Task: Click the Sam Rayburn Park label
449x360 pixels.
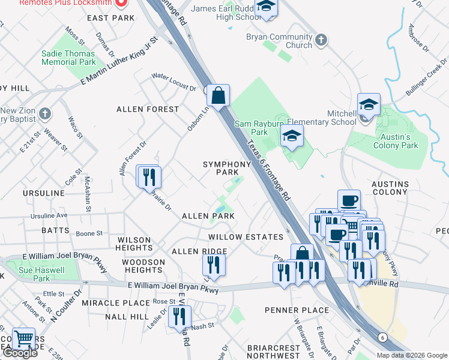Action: click(259, 127)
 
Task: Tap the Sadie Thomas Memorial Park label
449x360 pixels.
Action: click(68, 58)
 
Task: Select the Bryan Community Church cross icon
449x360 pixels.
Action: click(321, 41)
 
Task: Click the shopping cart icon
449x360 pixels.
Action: click(23, 339)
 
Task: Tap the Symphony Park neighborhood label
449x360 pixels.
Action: click(226, 168)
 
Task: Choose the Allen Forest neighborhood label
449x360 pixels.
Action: click(148, 109)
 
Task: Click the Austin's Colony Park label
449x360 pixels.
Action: click(395, 141)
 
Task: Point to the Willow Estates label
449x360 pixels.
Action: click(245, 237)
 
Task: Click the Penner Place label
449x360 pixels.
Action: click(296, 310)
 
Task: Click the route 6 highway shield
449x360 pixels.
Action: click(382, 337)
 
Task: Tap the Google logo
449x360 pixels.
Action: click(20, 353)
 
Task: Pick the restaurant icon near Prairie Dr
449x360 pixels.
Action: click(147, 176)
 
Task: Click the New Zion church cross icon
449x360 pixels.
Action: click(46, 112)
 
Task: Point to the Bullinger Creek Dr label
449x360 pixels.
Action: click(426, 80)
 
